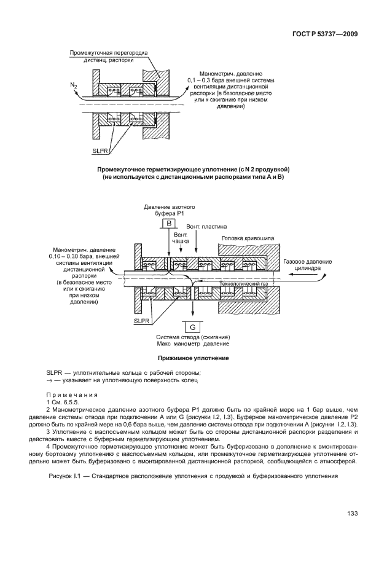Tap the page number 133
point(352,514)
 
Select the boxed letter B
point(169,224)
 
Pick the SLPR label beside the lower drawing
point(142,320)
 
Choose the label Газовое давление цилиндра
point(308,265)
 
